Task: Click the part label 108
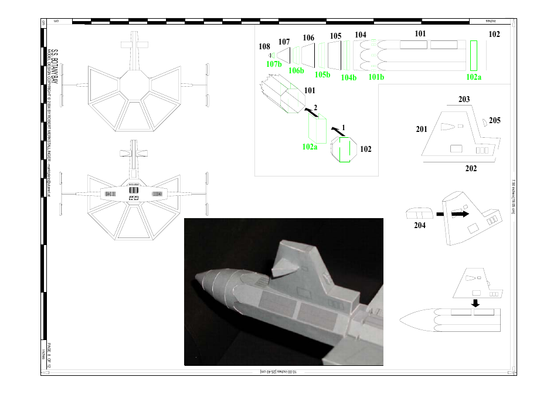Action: (264, 46)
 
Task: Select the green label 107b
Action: (274, 64)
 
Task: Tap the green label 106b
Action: (296, 71)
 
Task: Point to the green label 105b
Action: (322, 74)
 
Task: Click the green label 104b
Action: (349, 77)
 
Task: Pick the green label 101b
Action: (376, 77)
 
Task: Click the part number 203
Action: (464, 99)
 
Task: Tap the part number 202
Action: (471, 168)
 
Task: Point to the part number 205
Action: (494, 120)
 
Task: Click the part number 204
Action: (419, 225)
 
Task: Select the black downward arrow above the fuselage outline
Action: (476, 303)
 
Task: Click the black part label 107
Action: (284, 42)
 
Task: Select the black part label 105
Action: (335, 36)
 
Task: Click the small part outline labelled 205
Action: (485, 121)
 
